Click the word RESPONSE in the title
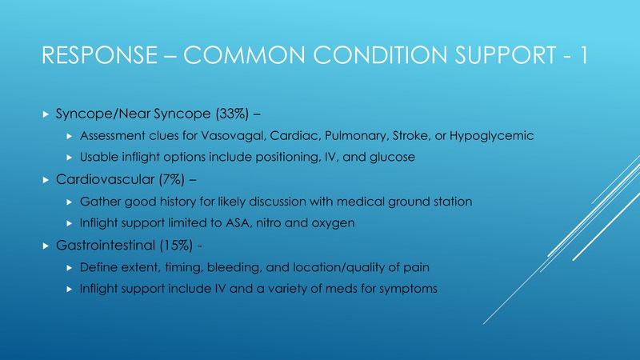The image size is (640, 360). click(x=99, y=55)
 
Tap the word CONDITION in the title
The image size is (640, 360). click(x=380, y=55)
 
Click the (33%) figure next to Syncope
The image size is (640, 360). click(x=232, y=114)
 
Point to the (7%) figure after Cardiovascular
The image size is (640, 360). click(x=172, y=179)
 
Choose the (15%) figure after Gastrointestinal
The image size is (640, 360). click(x=176, y=246)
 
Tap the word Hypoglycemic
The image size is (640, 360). click(x=491, y=136)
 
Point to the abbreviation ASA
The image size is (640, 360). click(x=236, y=223)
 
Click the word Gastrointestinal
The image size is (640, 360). click(x=106, y=246)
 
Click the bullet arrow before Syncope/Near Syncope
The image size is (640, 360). click(x=46, y=114)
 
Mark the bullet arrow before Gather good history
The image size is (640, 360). click(x=70, y=202)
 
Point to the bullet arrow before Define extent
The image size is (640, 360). click(x=70, y=268)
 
